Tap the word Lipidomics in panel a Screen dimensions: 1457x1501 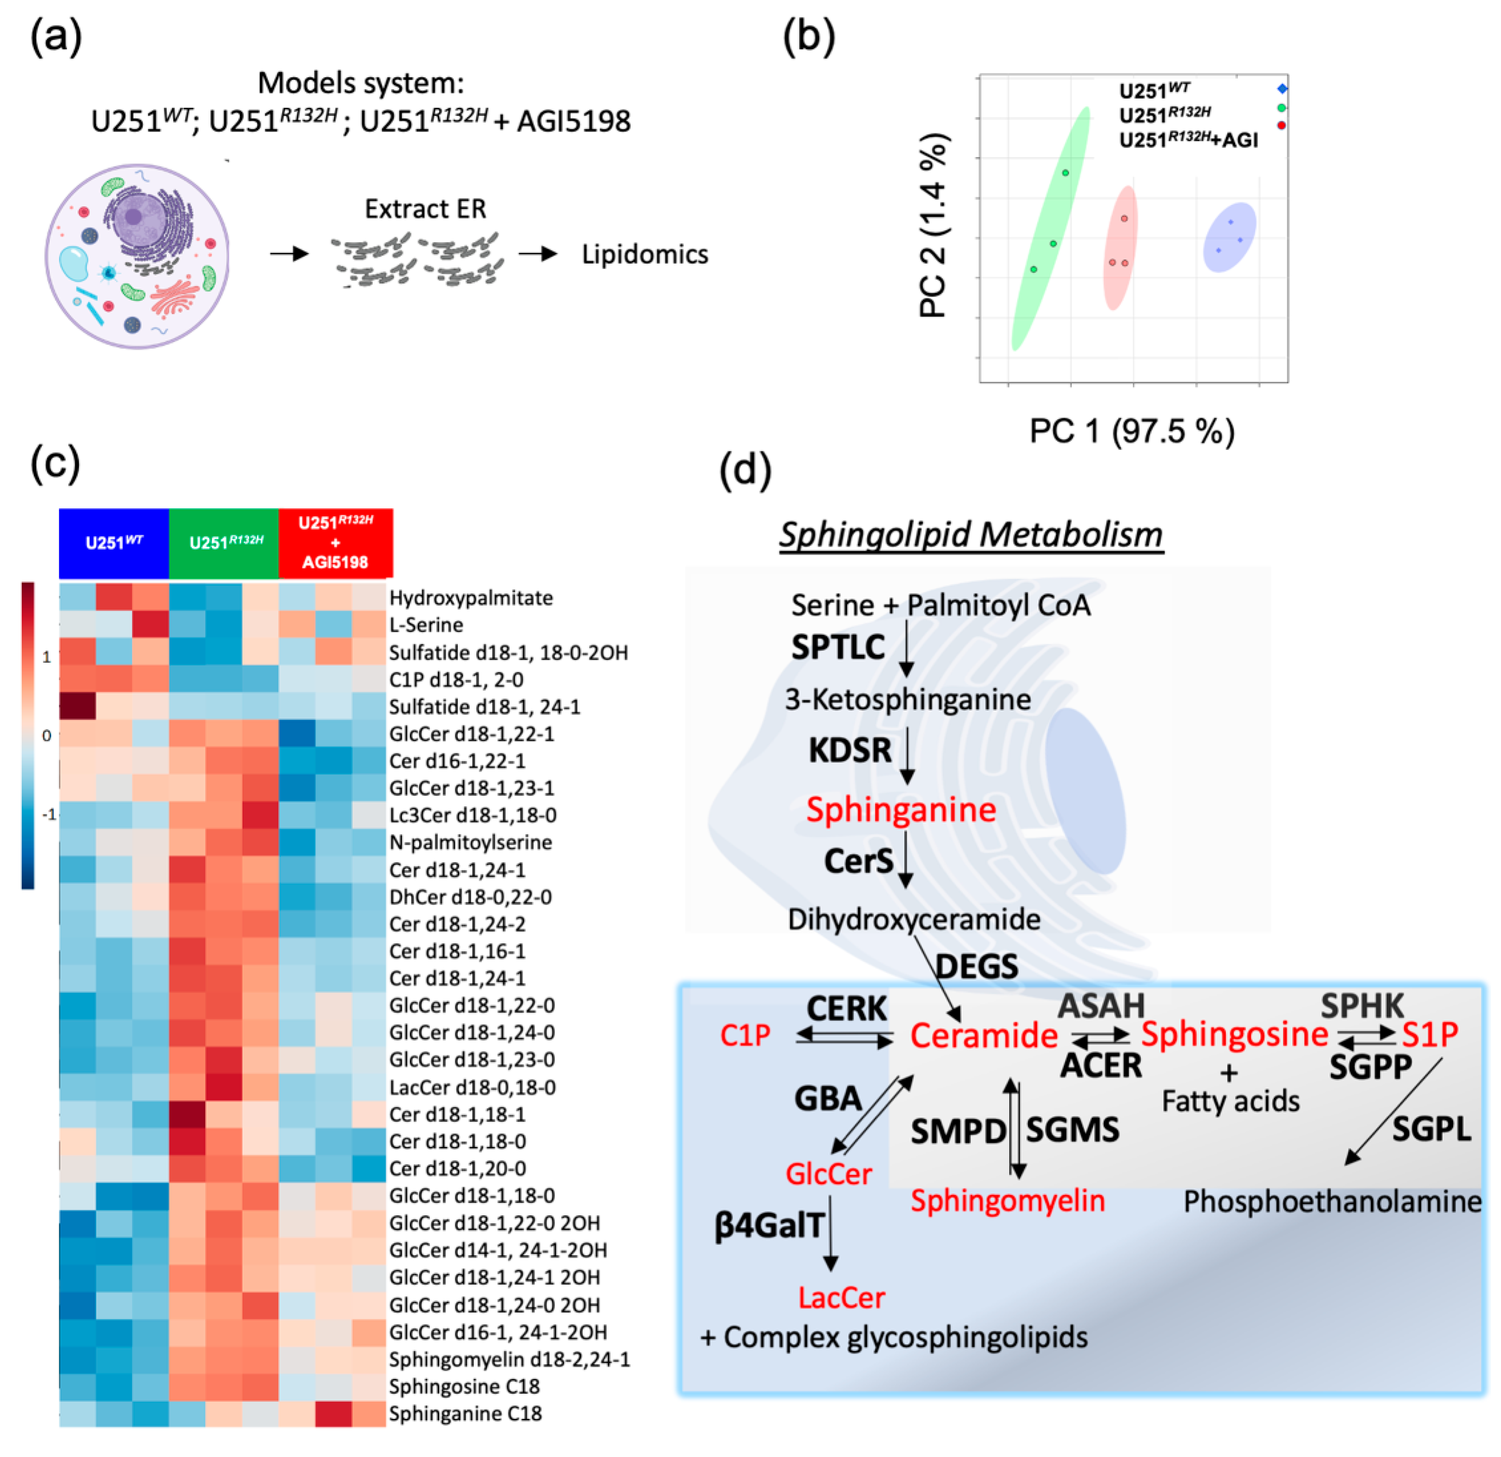click(645, 254)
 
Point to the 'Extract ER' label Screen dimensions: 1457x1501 click(425, 208)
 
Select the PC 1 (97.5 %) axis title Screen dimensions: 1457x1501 click(1132, 431)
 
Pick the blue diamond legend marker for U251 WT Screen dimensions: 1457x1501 click(1282, 89)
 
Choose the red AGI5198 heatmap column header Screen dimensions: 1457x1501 click(336, 542)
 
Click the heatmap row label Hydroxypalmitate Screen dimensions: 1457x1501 click(470, 598)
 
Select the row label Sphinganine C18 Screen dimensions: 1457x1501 click(465, 1413)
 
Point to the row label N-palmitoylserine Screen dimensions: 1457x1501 click(470, 843)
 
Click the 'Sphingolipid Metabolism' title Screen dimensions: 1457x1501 click(971, 534)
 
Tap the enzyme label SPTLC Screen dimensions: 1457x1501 click(838, 648)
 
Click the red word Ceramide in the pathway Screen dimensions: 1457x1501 click(983, 1035)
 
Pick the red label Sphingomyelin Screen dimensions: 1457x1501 click(1007, 1200)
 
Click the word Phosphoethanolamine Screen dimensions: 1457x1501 click(1332, 1201)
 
